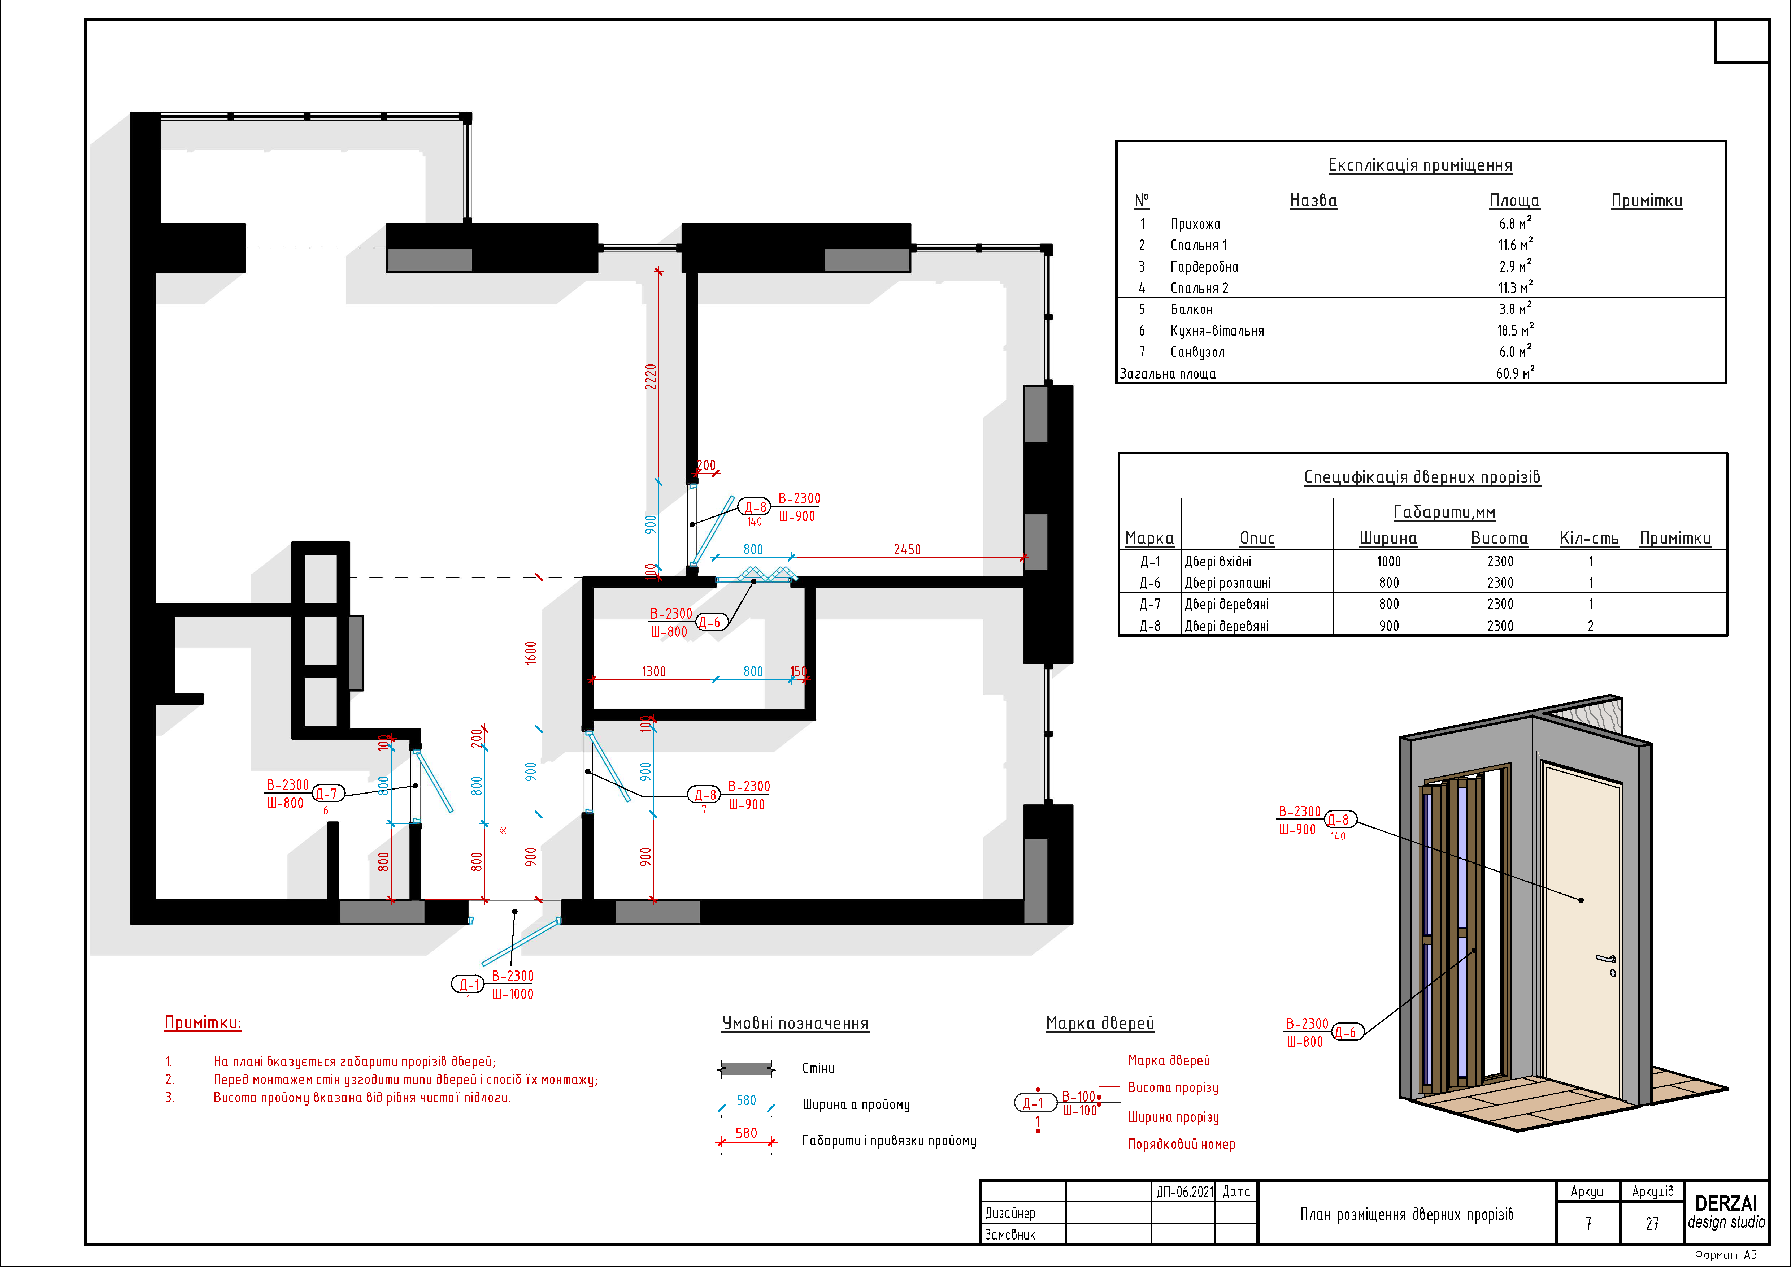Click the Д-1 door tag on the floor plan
point(468,984)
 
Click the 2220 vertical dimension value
point(651,377)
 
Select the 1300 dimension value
point(654,671)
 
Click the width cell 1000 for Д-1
point(1388,561)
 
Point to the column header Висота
point(1499,537)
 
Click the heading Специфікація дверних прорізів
point(1422,477)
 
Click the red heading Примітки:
point(203,1023)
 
